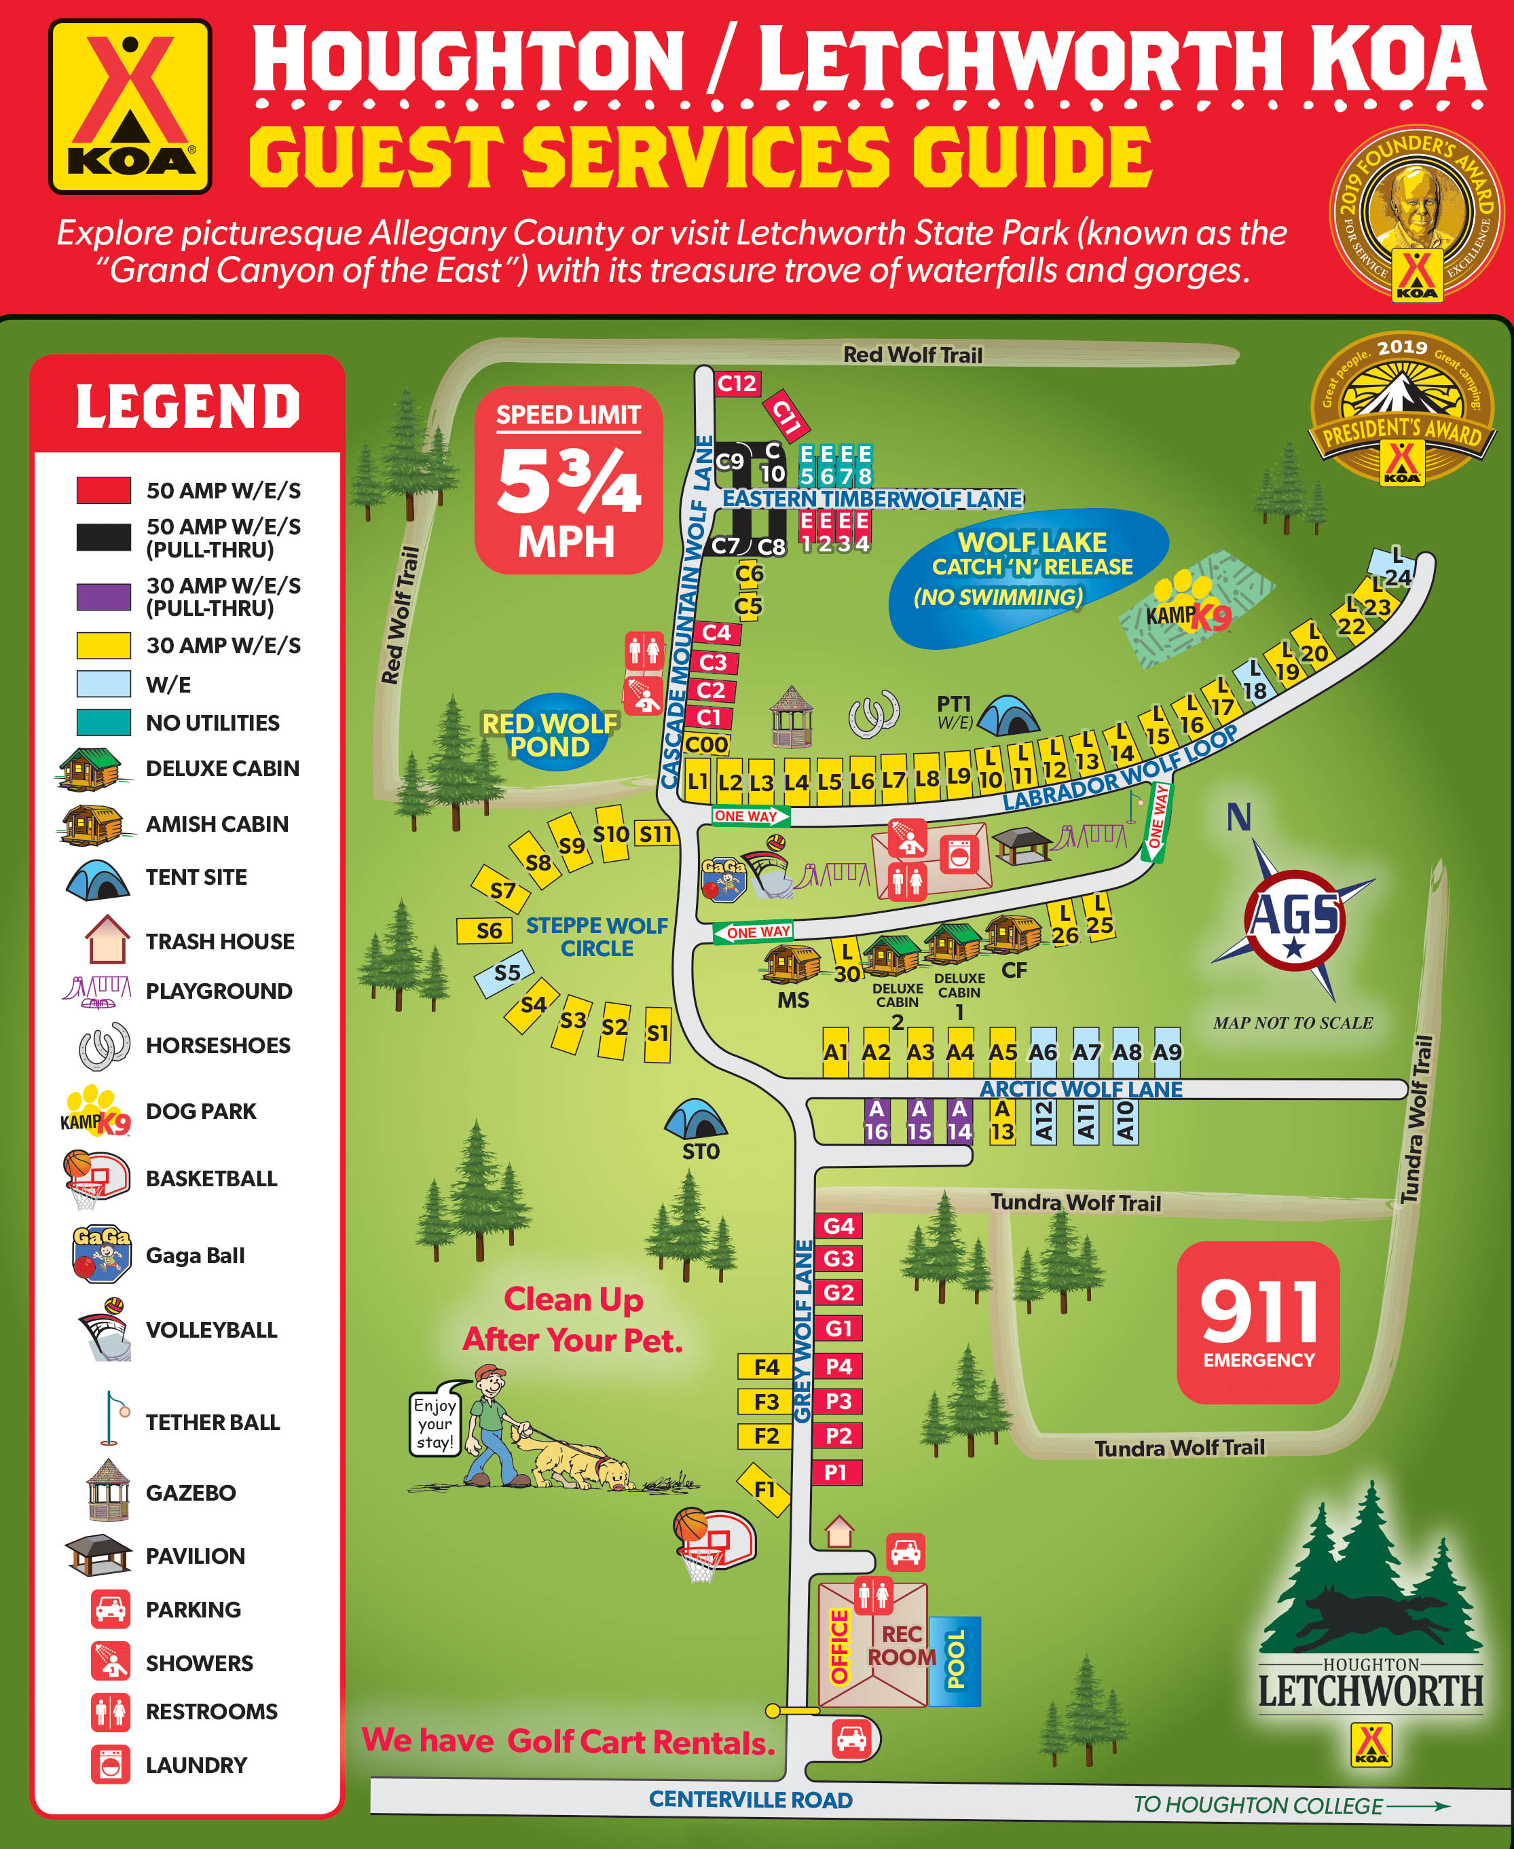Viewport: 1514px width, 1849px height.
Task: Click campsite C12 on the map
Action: click(x=737, y=384)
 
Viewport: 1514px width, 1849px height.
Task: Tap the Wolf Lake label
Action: click(x=1032, y=543)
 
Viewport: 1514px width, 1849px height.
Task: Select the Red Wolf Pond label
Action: click(x=549, y=734)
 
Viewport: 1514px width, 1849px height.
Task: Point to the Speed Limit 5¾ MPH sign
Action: click(x=569, y=481)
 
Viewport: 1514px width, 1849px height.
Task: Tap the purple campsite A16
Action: click(x=876, y=1120)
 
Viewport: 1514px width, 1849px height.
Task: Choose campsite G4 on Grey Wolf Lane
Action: click(x=838, y=1226)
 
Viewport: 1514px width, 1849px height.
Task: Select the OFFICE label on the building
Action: click(x=839, y=1647)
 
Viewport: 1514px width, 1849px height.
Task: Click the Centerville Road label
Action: click(x=750, y=1799)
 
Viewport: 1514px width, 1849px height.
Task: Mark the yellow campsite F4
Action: click(x=765, y=1367)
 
